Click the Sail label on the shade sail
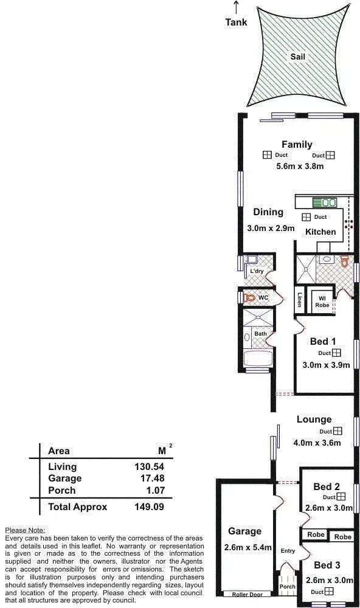(297, 57)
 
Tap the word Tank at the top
(236, 22)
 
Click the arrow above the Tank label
(236, 7)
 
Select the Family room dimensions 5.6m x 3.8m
(300, 166)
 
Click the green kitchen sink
(324, 202)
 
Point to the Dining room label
(268, 212)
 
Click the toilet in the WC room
(248, 299)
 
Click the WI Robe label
(322, 301)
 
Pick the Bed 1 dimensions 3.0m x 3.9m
(327, 365)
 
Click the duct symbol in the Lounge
(337, 431)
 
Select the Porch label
(287, 587)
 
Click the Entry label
(288, 551)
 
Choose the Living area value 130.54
(150, 467)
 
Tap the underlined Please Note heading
(25, 530)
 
